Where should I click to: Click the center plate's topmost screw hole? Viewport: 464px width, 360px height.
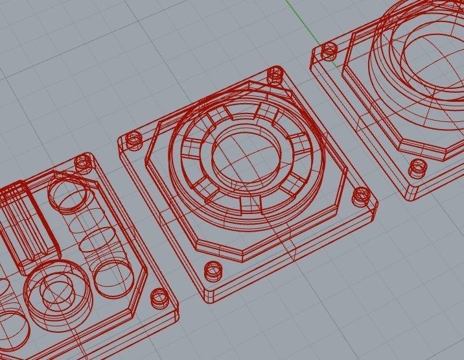coord(275,75)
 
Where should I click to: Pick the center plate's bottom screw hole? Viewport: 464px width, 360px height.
coord(212,270)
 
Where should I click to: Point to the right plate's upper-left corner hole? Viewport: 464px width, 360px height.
coord(329,51)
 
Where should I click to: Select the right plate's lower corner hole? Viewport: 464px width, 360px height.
coord(417,169)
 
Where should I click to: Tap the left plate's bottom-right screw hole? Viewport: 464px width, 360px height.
coord(158,298)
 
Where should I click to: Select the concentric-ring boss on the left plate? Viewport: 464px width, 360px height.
coord(56,292)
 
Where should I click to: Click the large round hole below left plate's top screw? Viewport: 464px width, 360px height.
coord(67,195)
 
